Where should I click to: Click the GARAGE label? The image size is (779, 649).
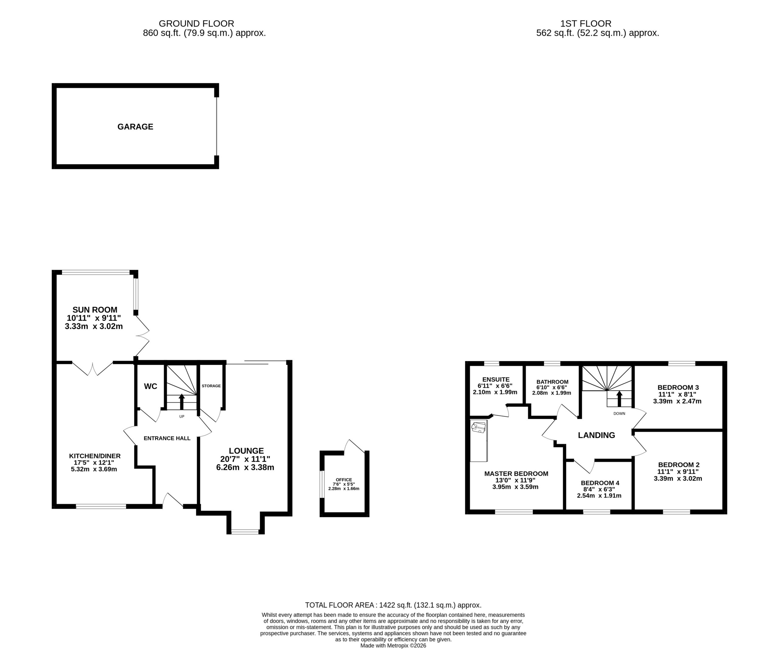[135, 127]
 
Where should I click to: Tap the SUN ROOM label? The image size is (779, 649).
[95, 310]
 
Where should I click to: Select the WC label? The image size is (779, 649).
[150, 386]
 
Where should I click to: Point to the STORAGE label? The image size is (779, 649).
[211, 386]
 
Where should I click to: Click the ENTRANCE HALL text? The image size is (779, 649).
[167, 438]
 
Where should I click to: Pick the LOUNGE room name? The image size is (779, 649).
[246, 451]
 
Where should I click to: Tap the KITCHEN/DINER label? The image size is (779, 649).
[95, 456]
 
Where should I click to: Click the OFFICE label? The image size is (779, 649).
[344, 480]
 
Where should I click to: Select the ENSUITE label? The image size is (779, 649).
[496, 379]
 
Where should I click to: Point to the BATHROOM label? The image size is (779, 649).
[552, 382]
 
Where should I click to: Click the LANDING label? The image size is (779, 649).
[596, 435]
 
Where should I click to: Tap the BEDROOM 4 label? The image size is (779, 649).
[600, 483]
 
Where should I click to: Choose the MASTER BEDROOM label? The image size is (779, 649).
[516, 473]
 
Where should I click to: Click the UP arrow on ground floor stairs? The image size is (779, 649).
[181, 402]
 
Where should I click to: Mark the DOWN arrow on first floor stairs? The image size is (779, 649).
[619, 399]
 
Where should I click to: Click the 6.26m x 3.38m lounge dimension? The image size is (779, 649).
[245, 467]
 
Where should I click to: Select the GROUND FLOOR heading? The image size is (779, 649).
[196, 24]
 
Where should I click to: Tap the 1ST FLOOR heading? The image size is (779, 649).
[586, 24]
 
